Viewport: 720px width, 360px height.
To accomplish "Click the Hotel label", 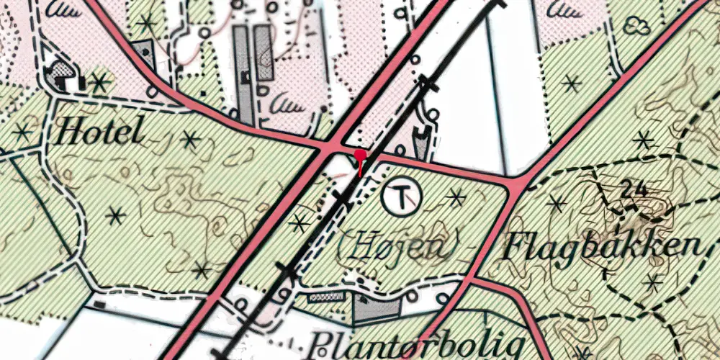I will pos(100,132).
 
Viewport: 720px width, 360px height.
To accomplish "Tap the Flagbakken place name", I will pos(603,247).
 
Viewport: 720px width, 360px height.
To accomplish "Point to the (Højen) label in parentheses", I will pos(398,248).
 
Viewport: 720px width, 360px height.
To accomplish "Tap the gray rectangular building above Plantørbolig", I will pos(377,308).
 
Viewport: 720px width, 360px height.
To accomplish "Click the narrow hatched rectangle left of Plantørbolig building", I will pos(326,296).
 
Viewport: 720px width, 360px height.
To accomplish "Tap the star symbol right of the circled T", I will pos(455,194).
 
